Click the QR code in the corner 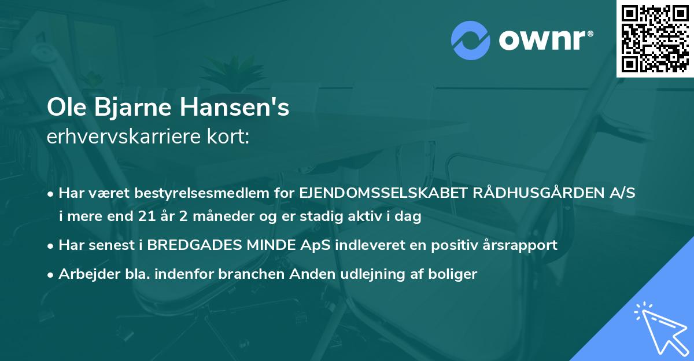(655, 38)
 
